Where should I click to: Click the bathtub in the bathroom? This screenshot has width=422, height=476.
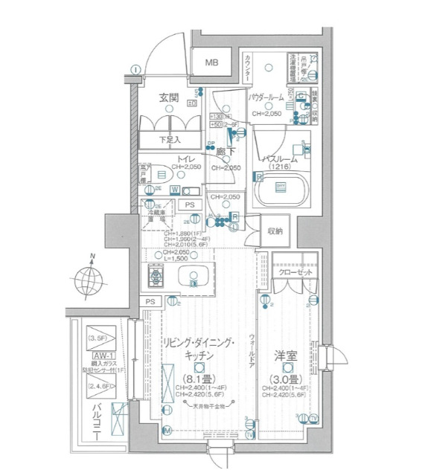(x=282, y=190)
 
